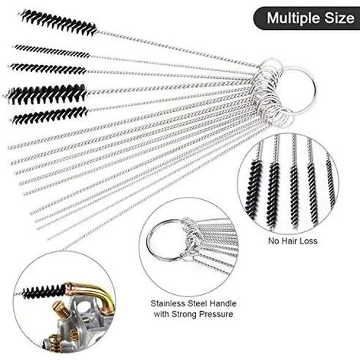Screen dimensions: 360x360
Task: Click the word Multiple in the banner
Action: coord(293,18)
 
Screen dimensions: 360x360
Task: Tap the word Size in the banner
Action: coord(339,18)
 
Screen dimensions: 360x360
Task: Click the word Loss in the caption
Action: coord(309,241)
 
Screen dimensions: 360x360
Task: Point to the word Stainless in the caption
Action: coord(168,303)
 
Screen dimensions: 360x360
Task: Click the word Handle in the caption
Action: coord(223,303)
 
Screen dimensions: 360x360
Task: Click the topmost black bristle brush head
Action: coord(59,22)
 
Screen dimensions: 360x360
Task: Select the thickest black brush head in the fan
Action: coord(47,93)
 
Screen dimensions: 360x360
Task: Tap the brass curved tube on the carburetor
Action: coord(90,293)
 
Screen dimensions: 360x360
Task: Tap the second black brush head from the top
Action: coord(52,51)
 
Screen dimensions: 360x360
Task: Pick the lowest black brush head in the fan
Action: coord(51,116)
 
